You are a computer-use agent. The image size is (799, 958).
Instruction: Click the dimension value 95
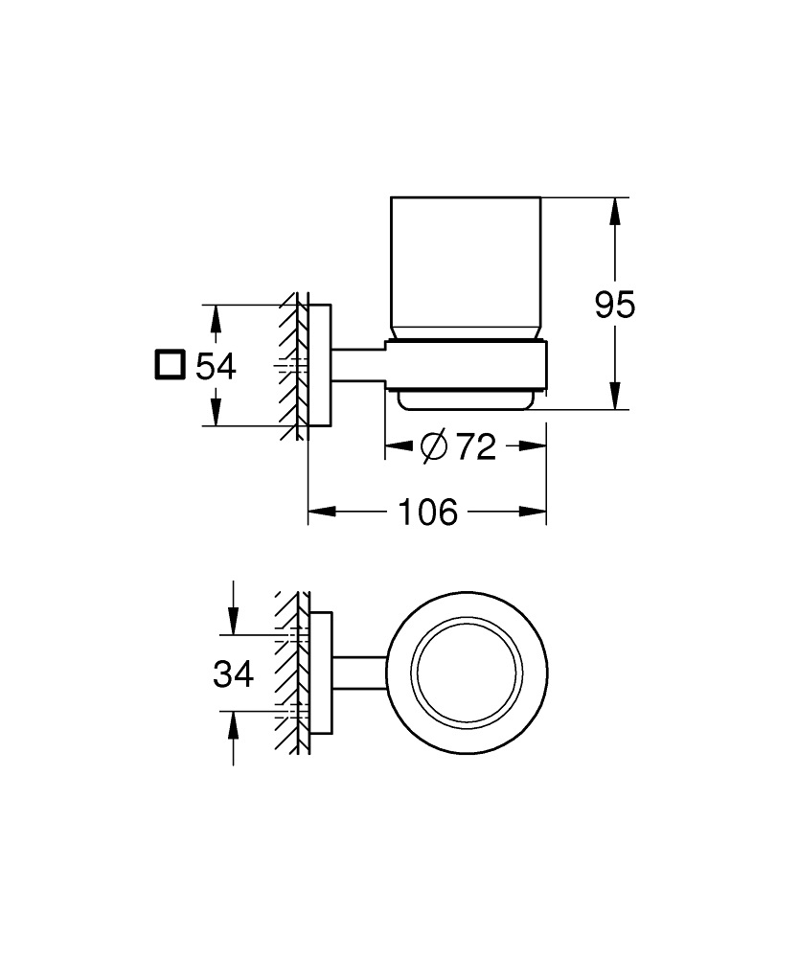[x=614, y=306]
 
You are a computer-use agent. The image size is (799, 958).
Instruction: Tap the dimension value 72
[x=475, y=446]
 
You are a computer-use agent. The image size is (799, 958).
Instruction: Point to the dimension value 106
[x=427, y=513]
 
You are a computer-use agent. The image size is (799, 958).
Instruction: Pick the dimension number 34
[x=233, y=674]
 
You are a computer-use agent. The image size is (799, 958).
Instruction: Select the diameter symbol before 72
[x=433, y=446]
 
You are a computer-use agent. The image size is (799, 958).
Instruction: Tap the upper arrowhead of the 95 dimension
[x=614, y=207]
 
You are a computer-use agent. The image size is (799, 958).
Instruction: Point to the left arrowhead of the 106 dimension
[x=317, y=513]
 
